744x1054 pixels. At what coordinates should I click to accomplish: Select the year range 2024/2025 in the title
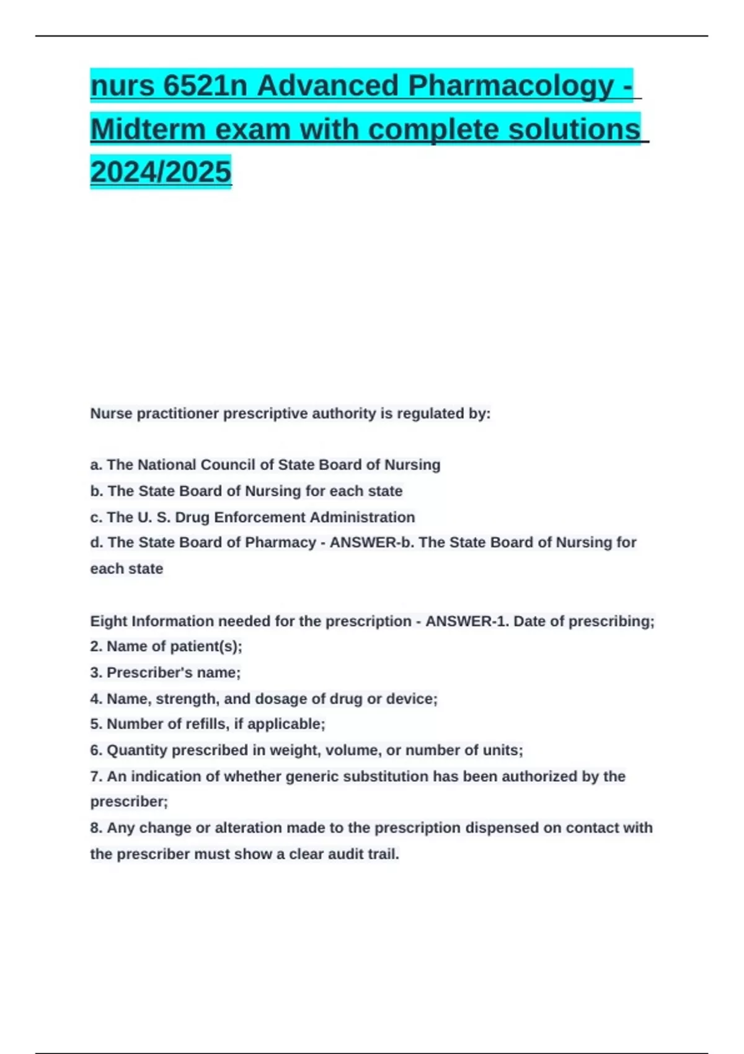point(161,172)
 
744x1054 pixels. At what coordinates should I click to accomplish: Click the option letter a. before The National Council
point(96,465)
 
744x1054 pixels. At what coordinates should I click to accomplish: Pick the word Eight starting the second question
point(108,621)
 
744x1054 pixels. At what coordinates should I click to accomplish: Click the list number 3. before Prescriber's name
point(96,673)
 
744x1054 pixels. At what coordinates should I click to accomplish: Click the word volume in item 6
point(352,750)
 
